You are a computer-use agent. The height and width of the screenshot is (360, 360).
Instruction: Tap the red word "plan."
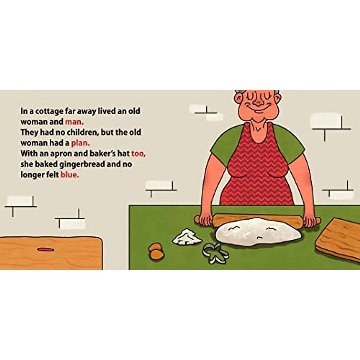(80, 143)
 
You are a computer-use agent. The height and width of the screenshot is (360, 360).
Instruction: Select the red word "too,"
(138, 154)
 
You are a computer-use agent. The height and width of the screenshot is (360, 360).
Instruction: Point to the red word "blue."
(70, 175)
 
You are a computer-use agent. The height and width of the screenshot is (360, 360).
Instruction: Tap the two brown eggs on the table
(157, 251)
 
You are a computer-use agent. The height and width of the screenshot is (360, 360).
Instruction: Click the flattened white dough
(258, 232)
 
